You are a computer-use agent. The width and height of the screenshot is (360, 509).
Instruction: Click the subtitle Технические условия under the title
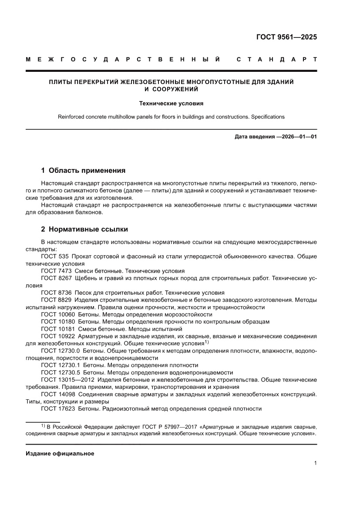(x=171, y=104)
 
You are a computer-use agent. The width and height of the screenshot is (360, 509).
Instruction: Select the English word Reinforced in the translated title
(x=72, y=117)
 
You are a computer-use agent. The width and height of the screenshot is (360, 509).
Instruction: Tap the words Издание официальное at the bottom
(x=60, y=453)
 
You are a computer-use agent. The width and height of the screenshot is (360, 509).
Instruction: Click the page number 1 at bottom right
(x=315, y=463)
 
